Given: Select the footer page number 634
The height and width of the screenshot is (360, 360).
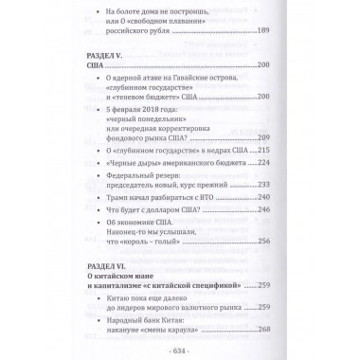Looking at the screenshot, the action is point(180,350).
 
